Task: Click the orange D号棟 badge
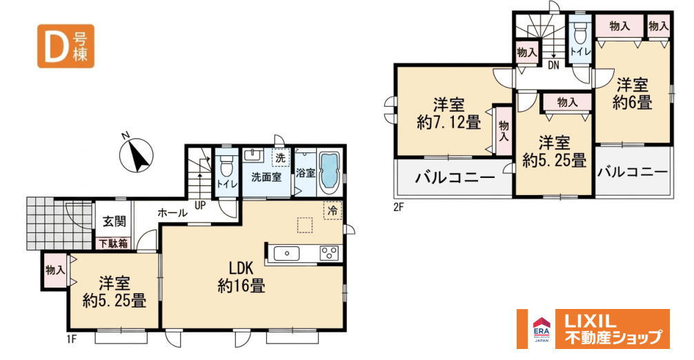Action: pos(66,46)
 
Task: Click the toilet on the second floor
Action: pos(579,32)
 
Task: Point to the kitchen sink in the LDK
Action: pos(286,254)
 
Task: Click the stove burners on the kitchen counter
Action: pos(328,253)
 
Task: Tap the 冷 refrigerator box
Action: pos(333,210)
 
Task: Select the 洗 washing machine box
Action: pos(280,157)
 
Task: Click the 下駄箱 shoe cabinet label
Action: pos(113,243)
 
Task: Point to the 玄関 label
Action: pos(115,221)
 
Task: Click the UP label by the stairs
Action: pos(199,206)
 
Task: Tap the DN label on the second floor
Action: pos(553,66)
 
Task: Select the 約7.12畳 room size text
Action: pos(449,122)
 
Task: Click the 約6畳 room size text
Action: pos(632,103)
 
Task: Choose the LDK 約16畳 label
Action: pos(241,277)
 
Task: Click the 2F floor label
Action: pos(398,206)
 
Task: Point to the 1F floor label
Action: pos(72,339)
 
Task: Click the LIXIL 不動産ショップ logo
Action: pos(593,328)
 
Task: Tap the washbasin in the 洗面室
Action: pos(252,155)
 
